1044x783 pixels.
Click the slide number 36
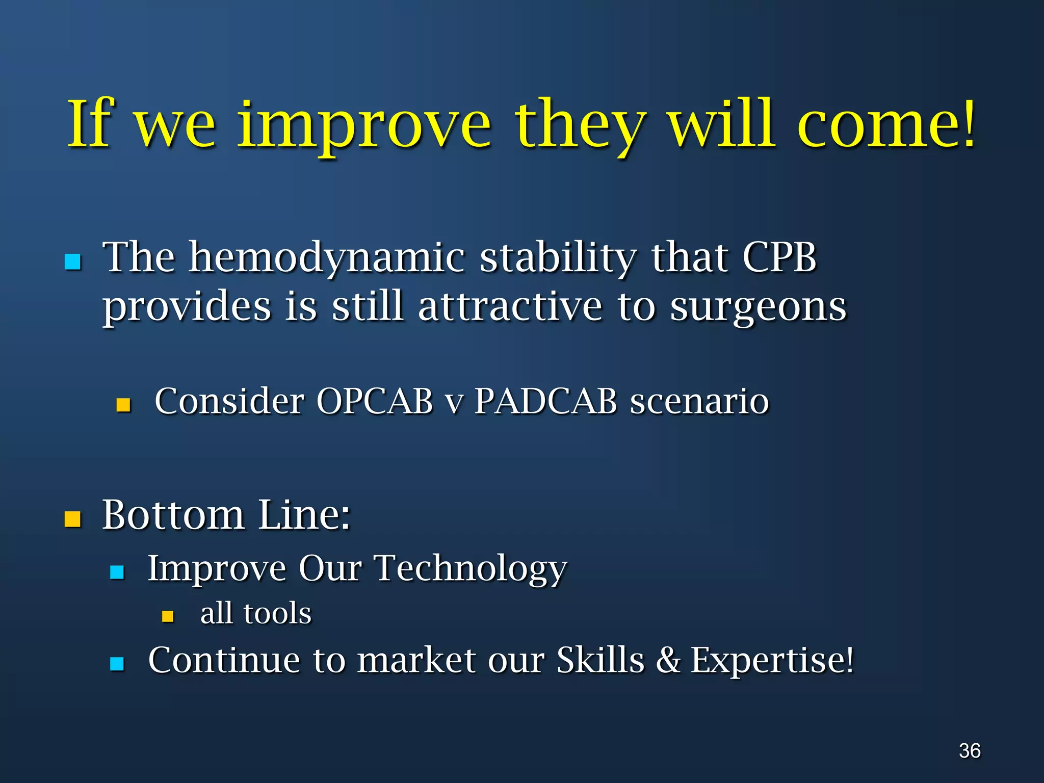pos(970,751)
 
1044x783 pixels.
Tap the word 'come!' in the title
pos(886,125)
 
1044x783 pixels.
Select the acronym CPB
pos(779,257)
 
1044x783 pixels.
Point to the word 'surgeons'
pos(758,307)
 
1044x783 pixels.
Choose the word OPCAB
pos(375,401)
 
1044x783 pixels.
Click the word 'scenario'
pos(699,401)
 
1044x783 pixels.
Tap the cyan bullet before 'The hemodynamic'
pos(73,262)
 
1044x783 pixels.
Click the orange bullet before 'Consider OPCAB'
pos(123,405)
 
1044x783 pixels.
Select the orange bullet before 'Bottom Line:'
pos(73,519)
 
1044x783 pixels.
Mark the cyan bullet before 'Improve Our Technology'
pos(117,572)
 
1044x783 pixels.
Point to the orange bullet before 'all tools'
pos(168,617)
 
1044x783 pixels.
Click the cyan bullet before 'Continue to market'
pos(117,664)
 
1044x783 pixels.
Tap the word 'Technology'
pos(471,568)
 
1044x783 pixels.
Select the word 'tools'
pos(277,613)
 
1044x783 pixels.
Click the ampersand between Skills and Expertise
pos(667,660)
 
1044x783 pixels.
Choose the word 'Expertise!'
pos(772,660)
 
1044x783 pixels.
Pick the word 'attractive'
pos(510,307)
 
